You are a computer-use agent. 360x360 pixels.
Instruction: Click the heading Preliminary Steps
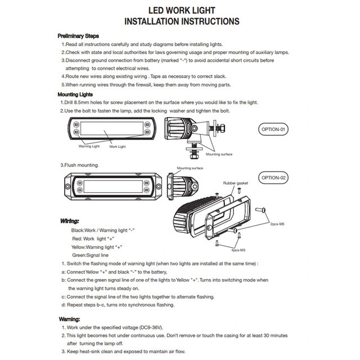tap(79, 35)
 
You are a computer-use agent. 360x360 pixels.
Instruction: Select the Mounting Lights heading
tap(76, 94)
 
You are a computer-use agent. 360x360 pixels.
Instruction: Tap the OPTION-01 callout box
tap(274, 129)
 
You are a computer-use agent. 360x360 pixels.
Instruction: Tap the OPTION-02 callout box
tap(274, 178)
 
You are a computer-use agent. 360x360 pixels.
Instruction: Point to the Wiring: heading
tap(69, 221)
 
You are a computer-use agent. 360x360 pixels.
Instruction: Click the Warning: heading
tap(70, 318)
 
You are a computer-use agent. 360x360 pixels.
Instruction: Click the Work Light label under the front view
tap(118, 146)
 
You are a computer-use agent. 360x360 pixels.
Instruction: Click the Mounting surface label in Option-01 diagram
tap(219, 154)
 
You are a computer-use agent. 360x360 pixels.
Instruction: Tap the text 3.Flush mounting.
tap(80, 165)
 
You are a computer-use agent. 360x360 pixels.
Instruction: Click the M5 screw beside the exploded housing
tap(262, 210)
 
